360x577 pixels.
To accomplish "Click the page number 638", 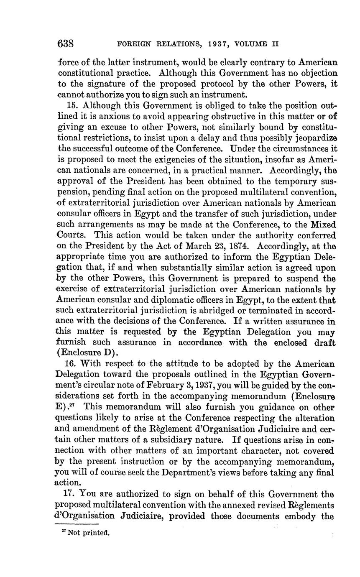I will click(66, 43).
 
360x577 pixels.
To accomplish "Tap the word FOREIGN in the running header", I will click(133, 43).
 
